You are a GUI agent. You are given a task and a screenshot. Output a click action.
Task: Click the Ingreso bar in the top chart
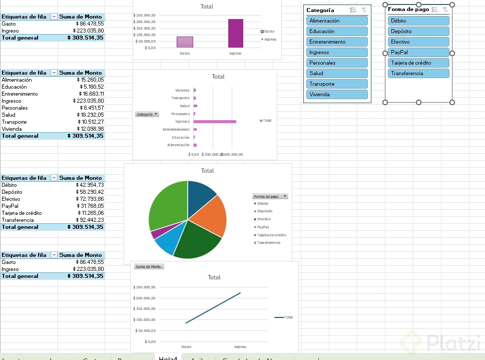click(x=235, y=33)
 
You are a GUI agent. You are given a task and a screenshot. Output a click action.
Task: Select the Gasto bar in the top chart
click(x=185, y=42)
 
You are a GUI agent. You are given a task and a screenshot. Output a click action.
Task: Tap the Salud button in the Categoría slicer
click(x=337, y=73)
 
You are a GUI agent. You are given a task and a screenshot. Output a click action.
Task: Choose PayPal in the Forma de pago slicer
click(x=418, y=52)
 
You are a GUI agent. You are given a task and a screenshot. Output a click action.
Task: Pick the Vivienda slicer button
click(x=337, y=94)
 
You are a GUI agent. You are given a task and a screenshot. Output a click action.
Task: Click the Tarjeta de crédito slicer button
click(x=418, y=63)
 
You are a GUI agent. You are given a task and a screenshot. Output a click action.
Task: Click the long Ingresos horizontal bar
click(x=215, y=122)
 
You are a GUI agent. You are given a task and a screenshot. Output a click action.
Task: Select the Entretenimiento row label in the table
click(x=20, y=94)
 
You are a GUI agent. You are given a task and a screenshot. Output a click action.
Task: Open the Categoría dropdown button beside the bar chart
click(x=147, y=114)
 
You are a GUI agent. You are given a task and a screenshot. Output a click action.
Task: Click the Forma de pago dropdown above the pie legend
click(x=270, y=196)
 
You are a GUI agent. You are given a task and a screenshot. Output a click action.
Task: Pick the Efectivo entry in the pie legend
click(x=264, y=219)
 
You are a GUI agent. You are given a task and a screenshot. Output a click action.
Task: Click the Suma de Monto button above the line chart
click(x=149, y=266)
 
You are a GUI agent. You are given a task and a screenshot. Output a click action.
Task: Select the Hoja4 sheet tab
click(x=168, y=357)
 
